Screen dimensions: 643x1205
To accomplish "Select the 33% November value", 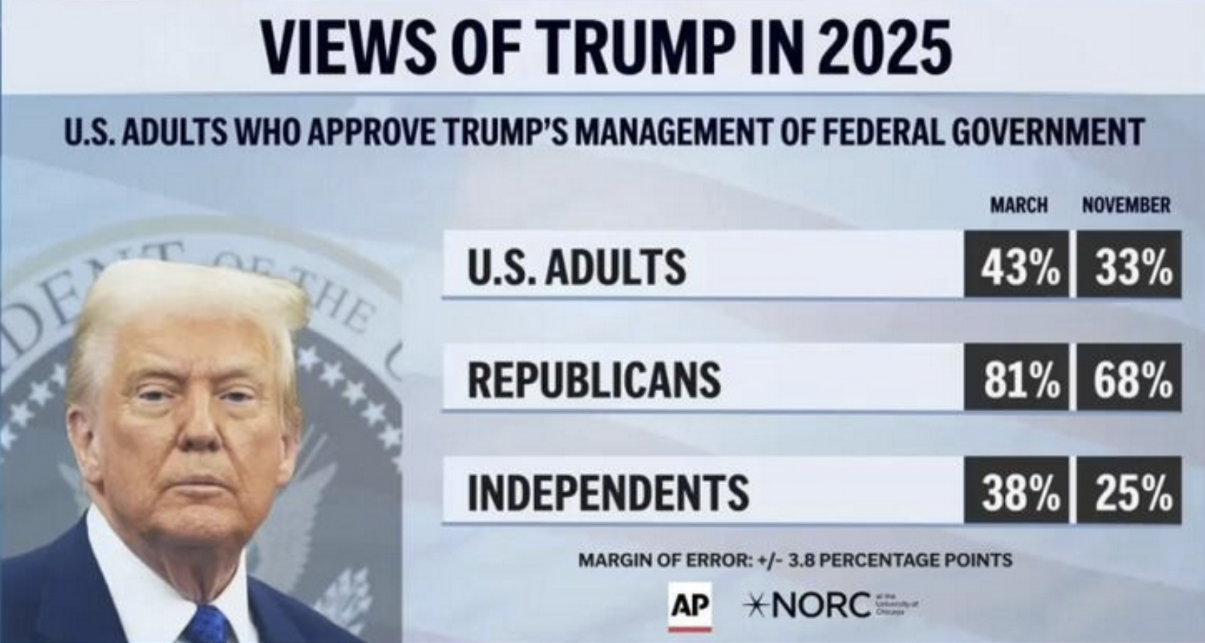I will pyautogui.click(x=1129, y=266).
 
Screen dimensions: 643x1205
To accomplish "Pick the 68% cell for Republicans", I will pyautogui.click(x=1129, y=378).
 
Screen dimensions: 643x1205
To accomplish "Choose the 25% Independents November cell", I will pyautogui.click(x=1129, y=491).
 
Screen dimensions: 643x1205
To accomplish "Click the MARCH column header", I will pyautogui.click(x=1018, y=205).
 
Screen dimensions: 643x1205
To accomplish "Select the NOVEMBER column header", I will pyautogui.click(x=1126, y=205).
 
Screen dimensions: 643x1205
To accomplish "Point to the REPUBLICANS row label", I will pyautogui.click(x=594, y=379).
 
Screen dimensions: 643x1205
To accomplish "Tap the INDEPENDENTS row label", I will pyautogui.click(x=607, y=492).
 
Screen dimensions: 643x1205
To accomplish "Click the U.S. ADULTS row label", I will pyautogui.click(x=576, y=267).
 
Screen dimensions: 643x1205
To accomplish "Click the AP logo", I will pyautogui.click(x=689, y=606).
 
